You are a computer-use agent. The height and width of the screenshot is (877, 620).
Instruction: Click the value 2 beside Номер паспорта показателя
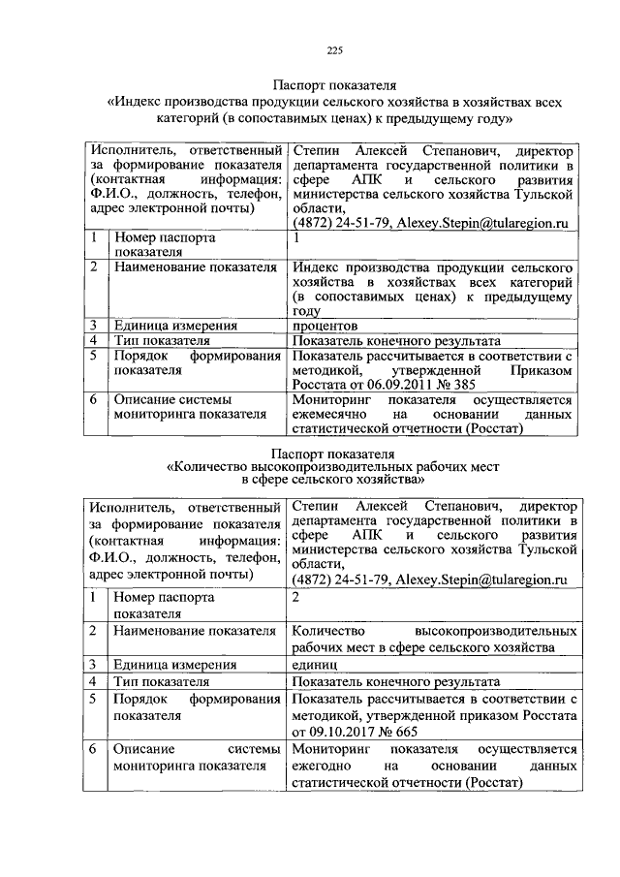(297, 597)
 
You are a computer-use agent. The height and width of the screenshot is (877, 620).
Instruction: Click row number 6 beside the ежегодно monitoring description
(92, 750)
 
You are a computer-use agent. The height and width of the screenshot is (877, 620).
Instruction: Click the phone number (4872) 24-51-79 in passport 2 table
(338, 580)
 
